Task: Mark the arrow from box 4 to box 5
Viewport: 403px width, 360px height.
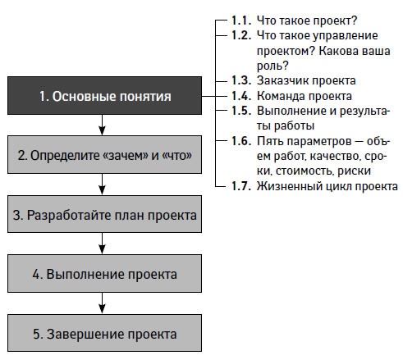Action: point(103,303)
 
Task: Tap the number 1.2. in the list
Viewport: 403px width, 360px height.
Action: point(241,36)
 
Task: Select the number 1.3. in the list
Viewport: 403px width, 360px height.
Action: point(241,80)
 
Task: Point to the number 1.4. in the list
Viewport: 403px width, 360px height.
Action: point(241,96)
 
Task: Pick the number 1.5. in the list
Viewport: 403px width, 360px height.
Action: point(241,111)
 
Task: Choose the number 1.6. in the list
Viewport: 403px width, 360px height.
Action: point(241,141)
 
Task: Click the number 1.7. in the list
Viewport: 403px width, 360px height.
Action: point(241,186)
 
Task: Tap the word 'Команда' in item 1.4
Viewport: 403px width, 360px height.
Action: point(278,96)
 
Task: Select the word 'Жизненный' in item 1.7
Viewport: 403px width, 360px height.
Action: point(284,186)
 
